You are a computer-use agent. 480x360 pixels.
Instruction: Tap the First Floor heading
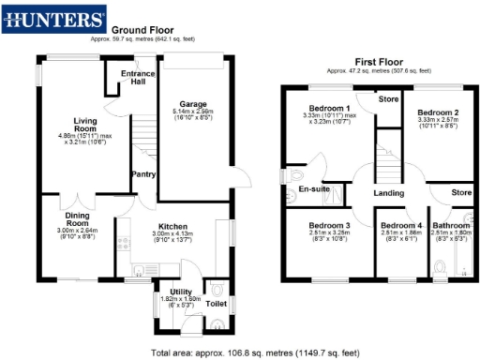tap(379, 63)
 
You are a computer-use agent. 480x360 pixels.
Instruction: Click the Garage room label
tap(192, 104)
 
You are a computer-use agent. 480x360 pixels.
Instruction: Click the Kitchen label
tap(173, 227)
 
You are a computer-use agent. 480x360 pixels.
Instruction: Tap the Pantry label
tap(142, 173)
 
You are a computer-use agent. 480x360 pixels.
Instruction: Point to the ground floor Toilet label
tap(216, 305)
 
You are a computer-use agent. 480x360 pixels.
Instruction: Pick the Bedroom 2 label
tap(437, 112)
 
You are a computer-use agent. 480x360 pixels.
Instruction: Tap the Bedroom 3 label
tap(333, 226)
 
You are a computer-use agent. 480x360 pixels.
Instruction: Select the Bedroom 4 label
tap(401, 226)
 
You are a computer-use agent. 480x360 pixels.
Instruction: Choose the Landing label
tap(388, 194)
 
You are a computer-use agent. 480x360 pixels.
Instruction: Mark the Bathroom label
tap(451, 226)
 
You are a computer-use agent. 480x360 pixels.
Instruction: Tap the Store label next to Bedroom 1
tap(388, 97)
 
